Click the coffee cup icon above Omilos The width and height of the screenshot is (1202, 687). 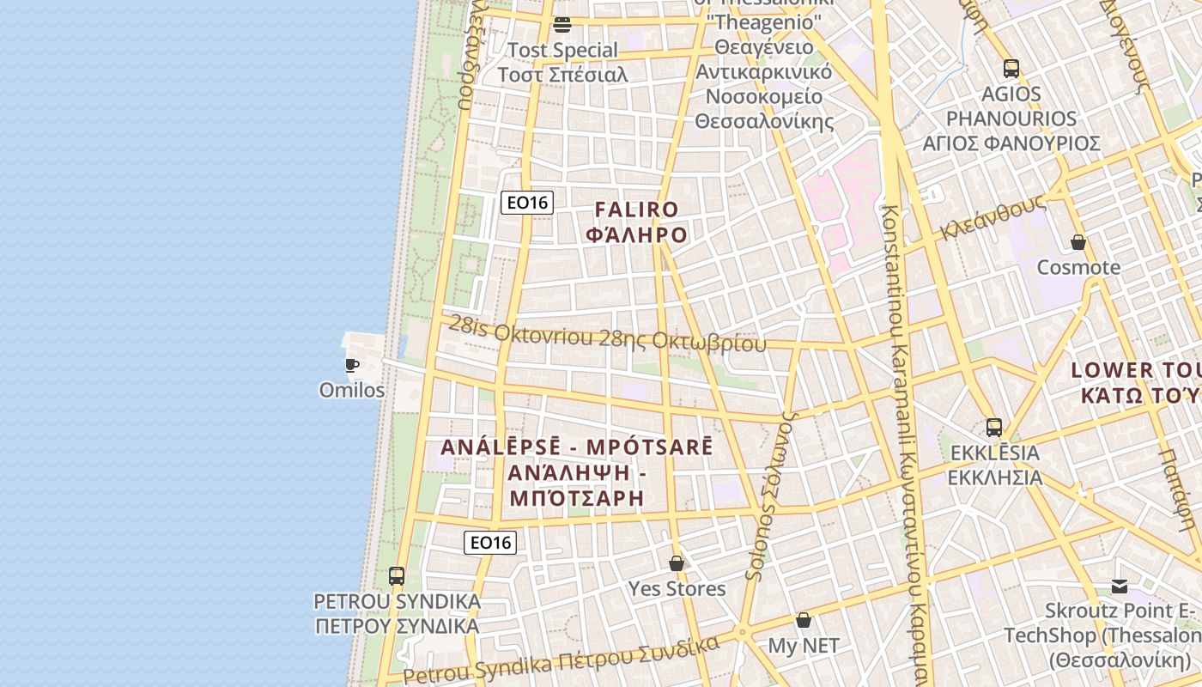pos(352,364)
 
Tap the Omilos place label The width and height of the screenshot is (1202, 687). pos(352,390)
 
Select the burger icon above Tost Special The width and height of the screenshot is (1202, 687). pos(562,24)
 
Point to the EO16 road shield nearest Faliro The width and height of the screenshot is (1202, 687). pos(527,203)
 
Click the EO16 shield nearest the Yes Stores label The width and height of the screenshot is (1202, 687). pos(490,542)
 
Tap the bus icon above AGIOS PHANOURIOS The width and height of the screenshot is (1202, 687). pos(1011,69)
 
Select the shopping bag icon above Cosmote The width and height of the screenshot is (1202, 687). pos(1078,242)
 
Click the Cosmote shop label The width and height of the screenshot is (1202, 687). pos(1078,267)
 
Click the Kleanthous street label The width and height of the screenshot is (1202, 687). pos(993,217)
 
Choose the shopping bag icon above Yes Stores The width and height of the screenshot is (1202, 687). pos(677,563)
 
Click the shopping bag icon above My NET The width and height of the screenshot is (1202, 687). pos(804,620)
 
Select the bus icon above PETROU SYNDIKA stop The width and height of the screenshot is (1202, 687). pos(397,576)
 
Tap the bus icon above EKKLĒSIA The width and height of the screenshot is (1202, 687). pos(994,427)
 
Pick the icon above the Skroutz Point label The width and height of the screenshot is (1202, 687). pos(1120,587)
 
